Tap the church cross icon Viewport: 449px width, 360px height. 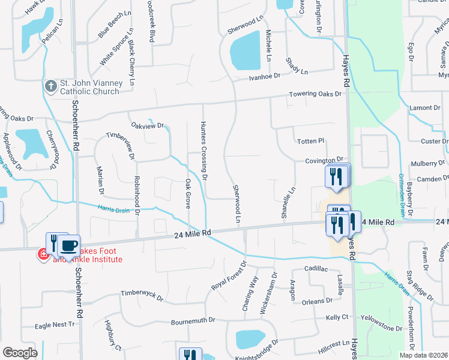pos(50,86)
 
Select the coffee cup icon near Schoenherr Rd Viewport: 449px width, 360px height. pos(68,245)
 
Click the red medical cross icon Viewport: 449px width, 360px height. pos(43,255)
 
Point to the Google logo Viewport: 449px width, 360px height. pos(20,352)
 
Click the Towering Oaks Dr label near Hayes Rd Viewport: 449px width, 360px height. pos(315,94)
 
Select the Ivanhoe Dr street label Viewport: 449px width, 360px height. pos(265,76)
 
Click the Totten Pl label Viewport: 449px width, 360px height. pos(310,141)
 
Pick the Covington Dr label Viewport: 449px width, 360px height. pos(323,161)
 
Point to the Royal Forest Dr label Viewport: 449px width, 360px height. pos(229,276)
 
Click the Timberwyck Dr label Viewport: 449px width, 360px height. pos(142,294)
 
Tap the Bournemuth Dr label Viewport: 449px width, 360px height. pos(191,320)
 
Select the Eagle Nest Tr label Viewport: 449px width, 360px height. pos(55,325)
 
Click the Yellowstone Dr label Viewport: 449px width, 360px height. pos(382,328)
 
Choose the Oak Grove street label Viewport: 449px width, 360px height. pos(188,194)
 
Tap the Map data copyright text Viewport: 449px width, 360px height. pos(424,355)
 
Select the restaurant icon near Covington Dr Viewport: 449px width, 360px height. pos(336,175)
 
